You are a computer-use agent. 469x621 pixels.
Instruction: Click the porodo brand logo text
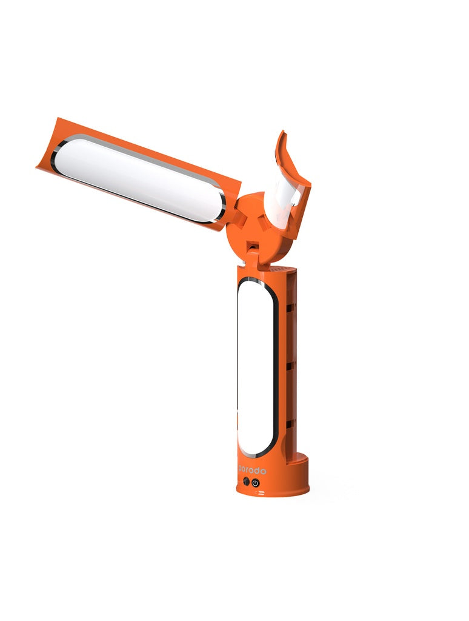[x=253, y=471]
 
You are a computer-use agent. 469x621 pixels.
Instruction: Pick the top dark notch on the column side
[x=291, y=308]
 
